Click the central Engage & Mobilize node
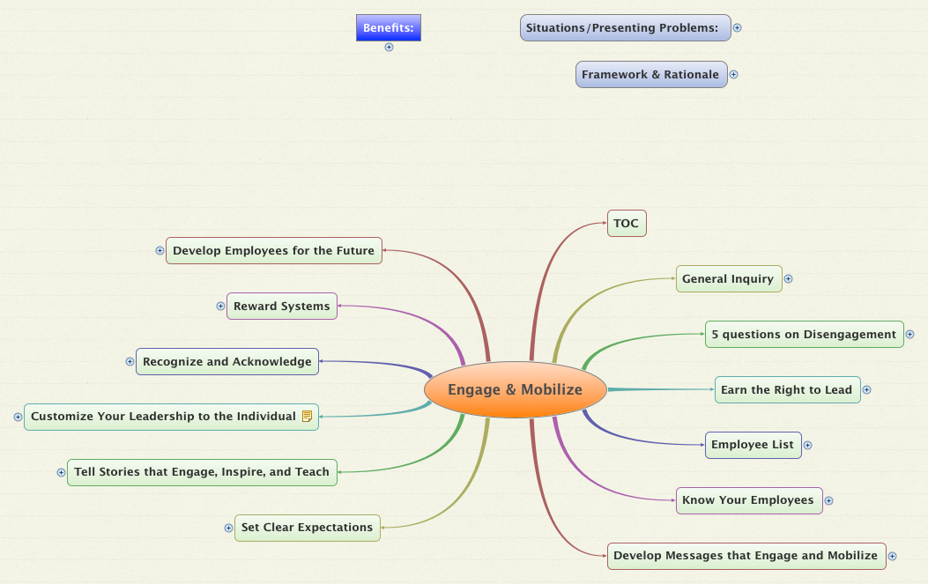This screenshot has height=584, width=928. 516,389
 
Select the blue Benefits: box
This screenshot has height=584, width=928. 389,28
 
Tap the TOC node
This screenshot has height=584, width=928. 627,223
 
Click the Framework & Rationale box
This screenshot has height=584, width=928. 651,75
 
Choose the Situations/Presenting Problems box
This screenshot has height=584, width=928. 625,28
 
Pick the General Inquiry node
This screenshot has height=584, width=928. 729,278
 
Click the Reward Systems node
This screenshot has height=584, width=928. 282,306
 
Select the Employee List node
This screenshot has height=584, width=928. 753,445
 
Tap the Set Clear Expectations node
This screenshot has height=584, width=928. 308,528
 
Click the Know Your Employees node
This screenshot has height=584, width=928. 749,500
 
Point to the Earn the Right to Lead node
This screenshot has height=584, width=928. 787,390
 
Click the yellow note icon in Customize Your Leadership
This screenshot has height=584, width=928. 308,417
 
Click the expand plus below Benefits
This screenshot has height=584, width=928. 389,48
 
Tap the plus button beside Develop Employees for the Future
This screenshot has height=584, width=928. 160,251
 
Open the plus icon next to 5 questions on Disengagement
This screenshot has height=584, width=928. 910,335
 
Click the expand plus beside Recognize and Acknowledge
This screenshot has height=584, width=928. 130,361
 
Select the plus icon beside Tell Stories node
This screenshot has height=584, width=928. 61,472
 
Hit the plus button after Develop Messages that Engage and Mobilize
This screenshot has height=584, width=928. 893,556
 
